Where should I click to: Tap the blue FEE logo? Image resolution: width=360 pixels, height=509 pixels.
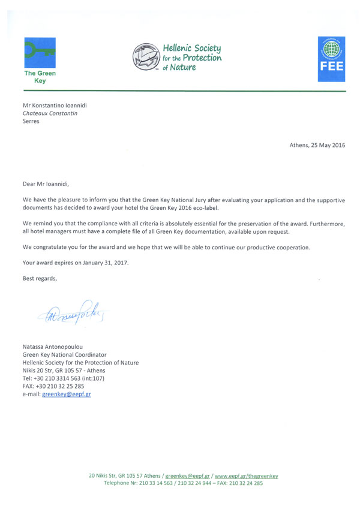331,58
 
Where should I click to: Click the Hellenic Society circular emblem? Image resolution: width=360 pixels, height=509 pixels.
146,56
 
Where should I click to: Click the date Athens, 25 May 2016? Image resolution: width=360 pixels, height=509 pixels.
317,146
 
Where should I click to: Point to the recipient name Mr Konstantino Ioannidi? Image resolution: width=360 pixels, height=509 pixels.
59,104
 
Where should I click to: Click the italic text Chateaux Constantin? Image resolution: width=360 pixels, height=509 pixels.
50,113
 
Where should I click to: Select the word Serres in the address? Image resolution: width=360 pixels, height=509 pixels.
31,121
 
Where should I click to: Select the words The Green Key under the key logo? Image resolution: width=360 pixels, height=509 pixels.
39,76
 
